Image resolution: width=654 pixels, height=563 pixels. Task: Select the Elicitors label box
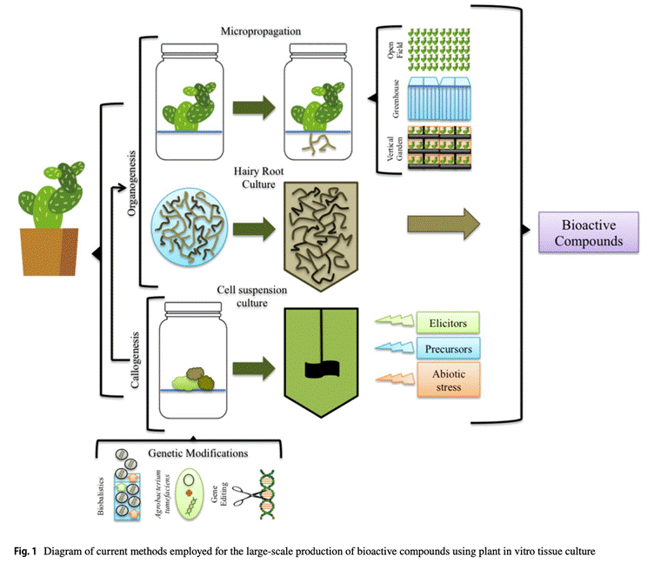click(x=447, y=324)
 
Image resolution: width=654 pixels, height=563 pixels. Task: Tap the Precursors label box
click(x=447, y=350)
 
